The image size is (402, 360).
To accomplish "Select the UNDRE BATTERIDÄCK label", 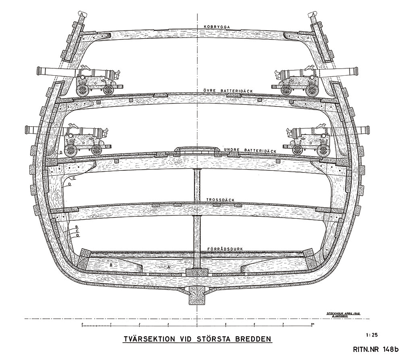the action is pos(250,151).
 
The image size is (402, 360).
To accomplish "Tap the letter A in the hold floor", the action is pos(169,266).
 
